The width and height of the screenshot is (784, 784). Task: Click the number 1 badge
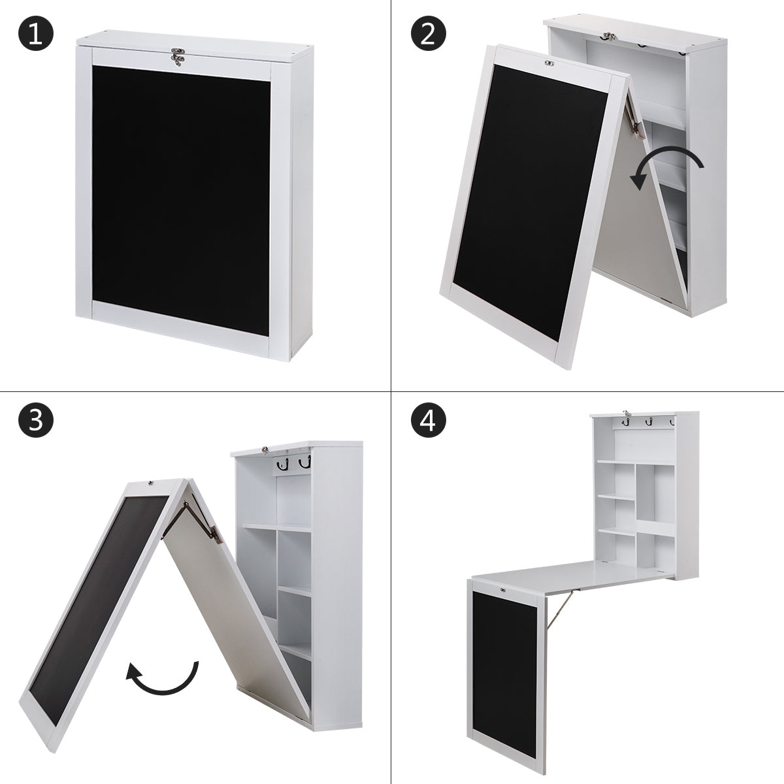[x=36, y=33]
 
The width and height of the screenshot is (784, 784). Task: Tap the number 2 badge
[x=428, y=33]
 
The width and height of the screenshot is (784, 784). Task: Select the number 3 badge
[x=36, y=420]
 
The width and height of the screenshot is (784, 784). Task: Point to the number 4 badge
[x=428, y=420]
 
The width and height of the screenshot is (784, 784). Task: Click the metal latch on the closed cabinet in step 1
[x=178, y=56]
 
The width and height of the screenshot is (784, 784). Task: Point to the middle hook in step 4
[x=647, y=423]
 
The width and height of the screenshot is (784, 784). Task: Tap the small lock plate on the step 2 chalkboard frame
[x=549, y=63]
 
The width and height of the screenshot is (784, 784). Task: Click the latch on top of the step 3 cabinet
[x=266, y=449]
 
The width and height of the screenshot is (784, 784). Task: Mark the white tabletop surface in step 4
[x=570, y=574]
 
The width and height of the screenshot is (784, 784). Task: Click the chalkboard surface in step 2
[x=531, y=203]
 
